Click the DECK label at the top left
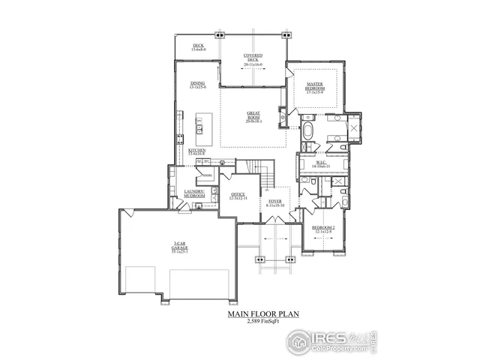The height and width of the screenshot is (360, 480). click(198, 47)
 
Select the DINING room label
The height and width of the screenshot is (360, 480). click(197, 85)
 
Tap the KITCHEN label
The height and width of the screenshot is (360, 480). click(197, 152)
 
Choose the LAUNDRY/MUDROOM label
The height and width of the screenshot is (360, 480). click(194, 195)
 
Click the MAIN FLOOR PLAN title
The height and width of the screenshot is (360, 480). click(257, 314)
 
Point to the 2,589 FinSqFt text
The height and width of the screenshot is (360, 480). click(257, 322)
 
